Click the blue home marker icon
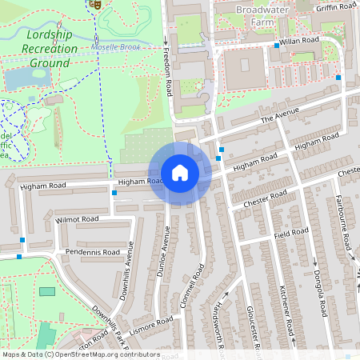[180, 173]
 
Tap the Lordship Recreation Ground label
[52, 48]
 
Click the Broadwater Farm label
[267, 15]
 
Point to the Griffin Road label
[335, 6]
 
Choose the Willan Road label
[298, 39]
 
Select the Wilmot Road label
[78, 218]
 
